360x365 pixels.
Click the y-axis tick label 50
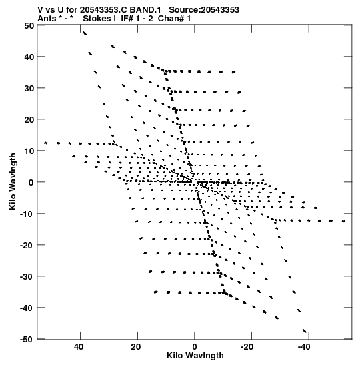[29, 25]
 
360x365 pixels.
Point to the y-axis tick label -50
[27, 340]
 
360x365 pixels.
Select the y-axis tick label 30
[29, 89]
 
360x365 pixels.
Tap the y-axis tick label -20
[27, 245]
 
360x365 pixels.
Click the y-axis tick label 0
[31, 183]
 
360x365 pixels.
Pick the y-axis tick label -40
[27, 308]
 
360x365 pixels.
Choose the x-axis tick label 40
[79, 347]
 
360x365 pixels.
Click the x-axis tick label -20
[247, 347]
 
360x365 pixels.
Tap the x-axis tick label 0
[195, 347]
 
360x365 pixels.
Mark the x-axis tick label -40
[304, 347]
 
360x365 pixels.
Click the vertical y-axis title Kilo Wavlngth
[13, 181]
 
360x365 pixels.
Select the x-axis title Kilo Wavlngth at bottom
[195, 356]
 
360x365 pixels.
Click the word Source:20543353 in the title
[204, 10]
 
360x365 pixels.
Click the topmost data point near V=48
[85, 33]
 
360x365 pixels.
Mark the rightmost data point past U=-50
[343, 221]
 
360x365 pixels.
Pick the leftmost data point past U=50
[45, 143]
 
